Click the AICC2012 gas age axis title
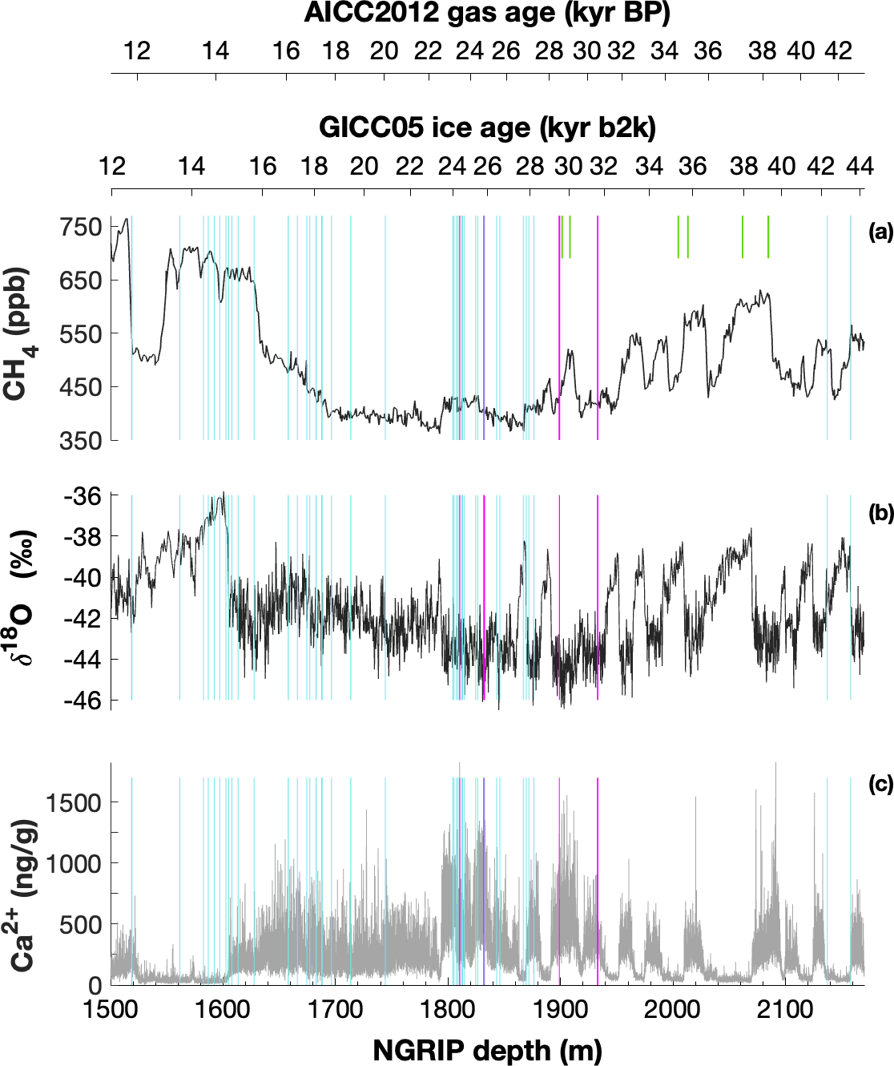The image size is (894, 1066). (x=487, y=14)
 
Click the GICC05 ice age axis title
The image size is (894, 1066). (x=487, y=127)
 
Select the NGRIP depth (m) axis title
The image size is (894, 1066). (x=487, y=1050)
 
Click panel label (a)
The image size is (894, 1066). (x=880, y=232)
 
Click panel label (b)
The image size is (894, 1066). (x=880, y=513)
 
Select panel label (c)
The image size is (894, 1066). (x=880, y=784)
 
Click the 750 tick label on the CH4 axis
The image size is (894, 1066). (x=81, y=227)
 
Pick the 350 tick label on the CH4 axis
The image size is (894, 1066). (x=81, y=440)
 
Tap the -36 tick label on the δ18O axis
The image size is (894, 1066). (x=83, y=496)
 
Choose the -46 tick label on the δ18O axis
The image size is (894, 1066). (x=83, y=701)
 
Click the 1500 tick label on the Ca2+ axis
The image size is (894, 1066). (x=73, y=802)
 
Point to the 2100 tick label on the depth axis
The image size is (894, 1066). (x=784, y=1009)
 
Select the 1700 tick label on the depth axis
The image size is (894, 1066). (x=336, y=1009)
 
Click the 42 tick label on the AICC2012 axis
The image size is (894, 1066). (x=839, y=51)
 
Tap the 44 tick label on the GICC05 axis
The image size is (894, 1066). (x=860, y=166)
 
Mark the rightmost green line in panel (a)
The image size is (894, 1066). (x=768, y=237)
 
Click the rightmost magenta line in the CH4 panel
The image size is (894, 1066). (x=598, y=329)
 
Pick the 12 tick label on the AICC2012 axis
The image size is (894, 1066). (x=137, y=51)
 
